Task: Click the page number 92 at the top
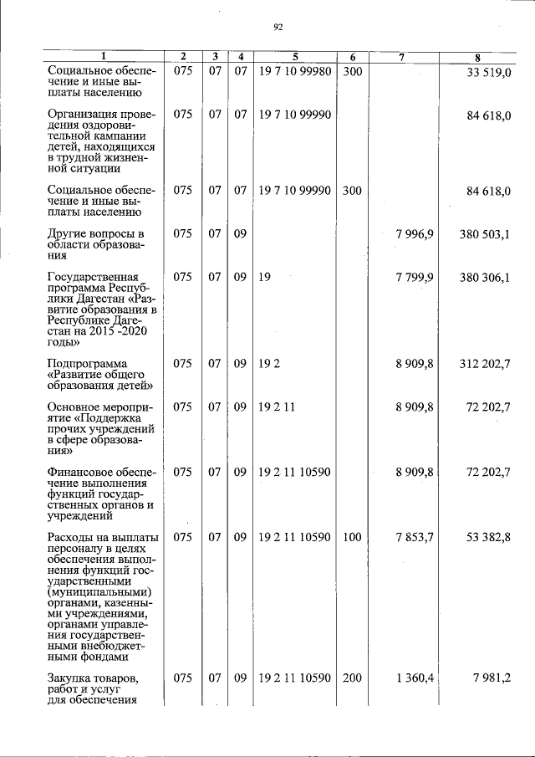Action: [278, 27]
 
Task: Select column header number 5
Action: [295, 57]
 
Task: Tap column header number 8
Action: [476, 57]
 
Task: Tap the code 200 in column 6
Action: [352, 678]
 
